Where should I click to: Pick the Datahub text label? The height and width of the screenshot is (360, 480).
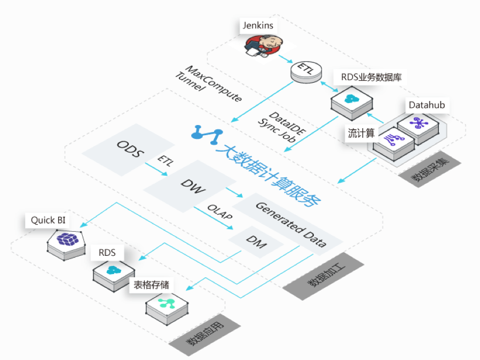426,105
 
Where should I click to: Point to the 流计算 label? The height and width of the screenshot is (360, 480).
359,134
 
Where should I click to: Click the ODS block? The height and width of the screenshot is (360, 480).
130,148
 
